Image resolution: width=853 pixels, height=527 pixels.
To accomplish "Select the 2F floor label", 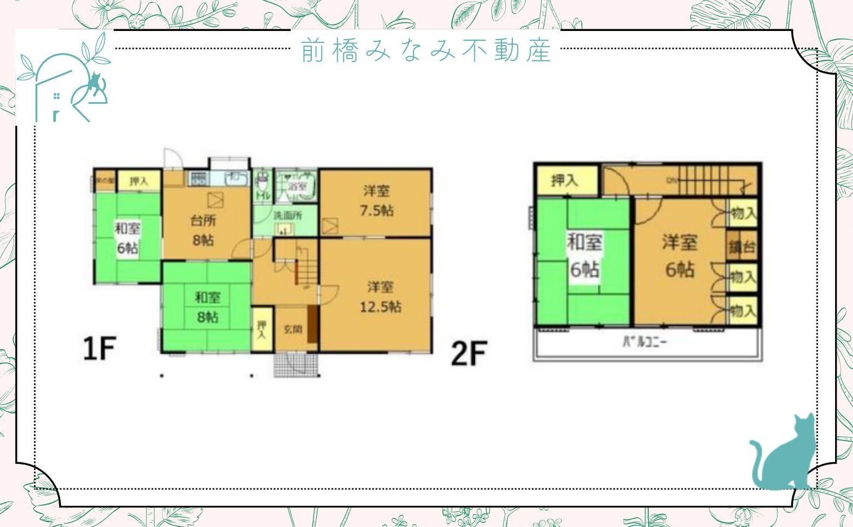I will point(468,353).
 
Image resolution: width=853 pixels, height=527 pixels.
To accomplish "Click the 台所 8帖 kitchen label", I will point(203,230).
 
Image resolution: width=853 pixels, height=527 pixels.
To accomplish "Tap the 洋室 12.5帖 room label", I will point(380,297).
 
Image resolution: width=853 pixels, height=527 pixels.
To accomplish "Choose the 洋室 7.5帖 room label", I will point(377,200).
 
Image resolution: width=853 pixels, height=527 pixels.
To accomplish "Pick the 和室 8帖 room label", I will point(208,307).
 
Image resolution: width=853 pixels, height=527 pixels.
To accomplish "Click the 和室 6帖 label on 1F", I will point(127,238).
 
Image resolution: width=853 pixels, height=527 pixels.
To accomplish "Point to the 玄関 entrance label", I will point(293,329).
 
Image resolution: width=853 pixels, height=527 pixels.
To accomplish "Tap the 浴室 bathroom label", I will point(298,185).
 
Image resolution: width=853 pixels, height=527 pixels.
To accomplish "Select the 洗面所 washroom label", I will point(287,215).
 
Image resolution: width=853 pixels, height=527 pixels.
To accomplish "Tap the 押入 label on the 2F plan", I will point(565,180).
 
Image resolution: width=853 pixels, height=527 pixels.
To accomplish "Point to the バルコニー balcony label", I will point(644,342).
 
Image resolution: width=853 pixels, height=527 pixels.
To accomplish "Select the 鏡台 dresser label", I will point(742,247).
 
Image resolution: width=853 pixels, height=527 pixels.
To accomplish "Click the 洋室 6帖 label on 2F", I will point(679,255).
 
